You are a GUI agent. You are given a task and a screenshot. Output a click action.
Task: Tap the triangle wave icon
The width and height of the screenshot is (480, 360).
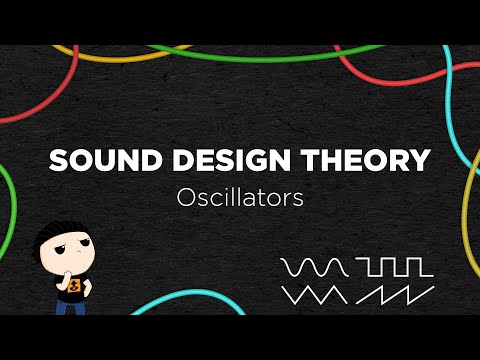click(315, 295)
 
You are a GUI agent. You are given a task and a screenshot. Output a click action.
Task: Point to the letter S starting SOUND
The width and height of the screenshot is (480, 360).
click(58, 161)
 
